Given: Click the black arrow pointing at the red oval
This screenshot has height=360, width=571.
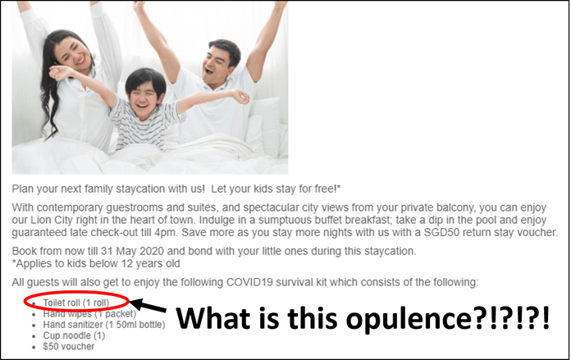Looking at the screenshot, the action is tap(148, 306).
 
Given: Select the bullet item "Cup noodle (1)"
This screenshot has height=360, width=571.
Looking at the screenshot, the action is tap(74, 335).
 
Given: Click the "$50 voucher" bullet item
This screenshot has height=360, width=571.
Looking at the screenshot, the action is tap(68, 347).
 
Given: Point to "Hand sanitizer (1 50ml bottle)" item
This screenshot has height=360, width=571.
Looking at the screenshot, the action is tap(104, 324).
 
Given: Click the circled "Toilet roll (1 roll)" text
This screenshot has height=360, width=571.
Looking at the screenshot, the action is tap(76, 303).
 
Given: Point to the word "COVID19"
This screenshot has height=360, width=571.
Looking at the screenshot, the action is tap(249, 282).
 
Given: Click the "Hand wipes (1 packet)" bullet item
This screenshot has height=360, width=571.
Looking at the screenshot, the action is tap(89, 313).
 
